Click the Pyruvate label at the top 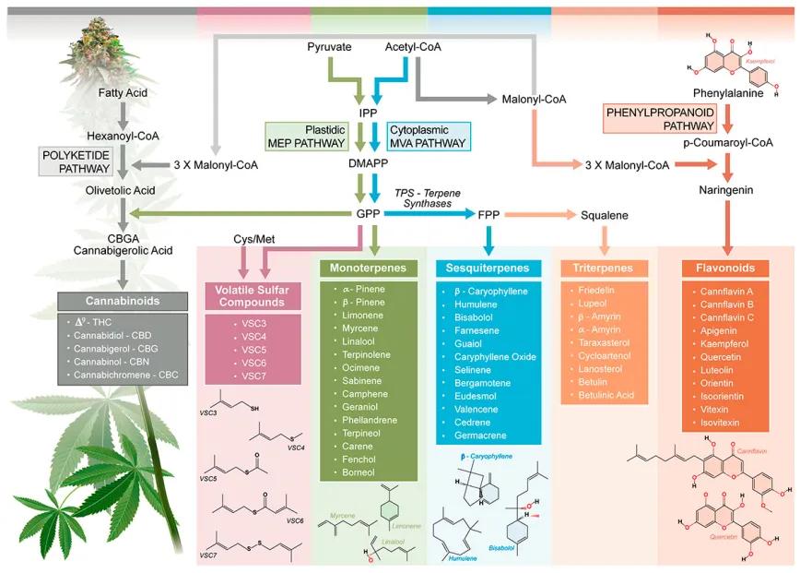point(330,46)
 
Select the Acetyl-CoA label point(409,46)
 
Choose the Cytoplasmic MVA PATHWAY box point(428,136)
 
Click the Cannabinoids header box point(123,301)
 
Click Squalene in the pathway point(605,215)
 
